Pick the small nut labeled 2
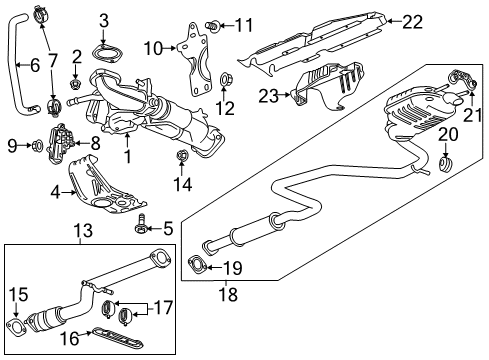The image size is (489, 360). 77,73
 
